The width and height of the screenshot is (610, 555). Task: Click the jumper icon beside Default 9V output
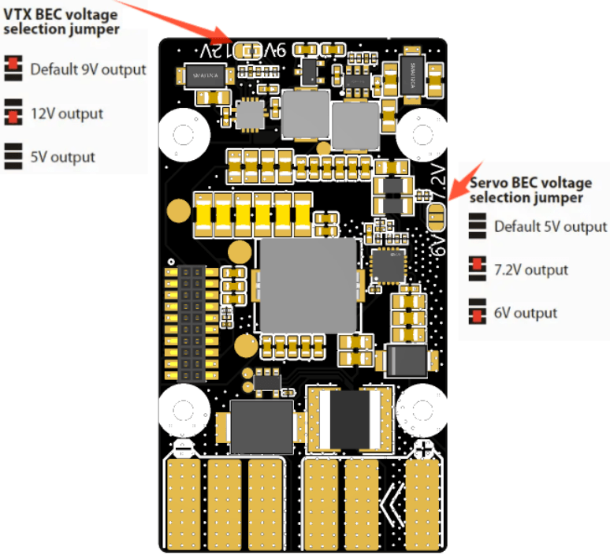pos(13,69)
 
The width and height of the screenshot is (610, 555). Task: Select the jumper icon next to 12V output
pos(13,112)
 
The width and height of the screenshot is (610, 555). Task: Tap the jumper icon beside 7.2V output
pos(475,270)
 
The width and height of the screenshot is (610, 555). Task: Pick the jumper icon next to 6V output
pos(475,312)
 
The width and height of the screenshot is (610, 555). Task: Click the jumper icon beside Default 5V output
pos(475,226)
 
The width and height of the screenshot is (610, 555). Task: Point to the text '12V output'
pos(67,114)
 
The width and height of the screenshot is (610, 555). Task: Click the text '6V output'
pos(526,313)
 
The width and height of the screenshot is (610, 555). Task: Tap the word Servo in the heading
pos(489,183)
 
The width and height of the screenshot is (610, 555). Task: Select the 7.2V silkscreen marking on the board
pos(438,183)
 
